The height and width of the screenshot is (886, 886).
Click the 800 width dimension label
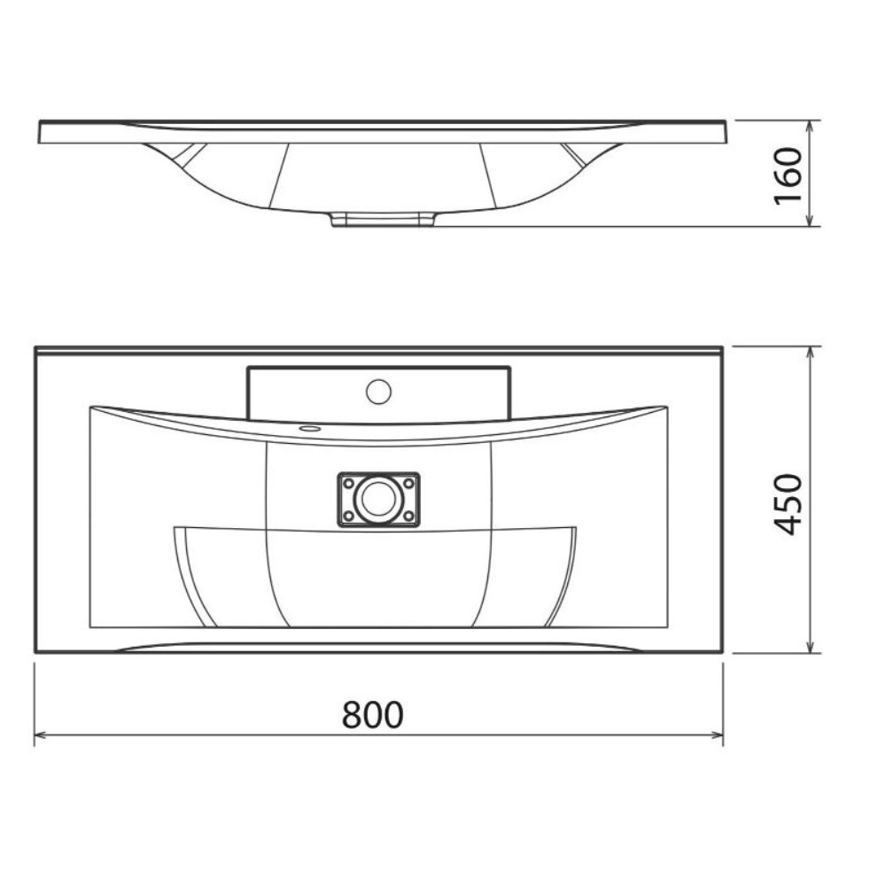coord(372,714)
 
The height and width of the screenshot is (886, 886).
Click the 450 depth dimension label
coord(787,505)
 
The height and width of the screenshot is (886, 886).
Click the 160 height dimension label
coord(788,175)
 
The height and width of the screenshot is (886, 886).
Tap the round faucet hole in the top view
coord(378,392)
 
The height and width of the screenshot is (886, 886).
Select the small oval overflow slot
coord(310,429)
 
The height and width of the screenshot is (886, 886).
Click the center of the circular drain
coord(378,498)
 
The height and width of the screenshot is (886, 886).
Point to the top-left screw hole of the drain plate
coord(348,484)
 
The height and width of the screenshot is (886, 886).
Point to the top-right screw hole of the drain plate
coord(408,484)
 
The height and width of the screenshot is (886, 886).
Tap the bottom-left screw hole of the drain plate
coord(348,516)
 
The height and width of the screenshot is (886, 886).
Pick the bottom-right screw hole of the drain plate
coord(408,516)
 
